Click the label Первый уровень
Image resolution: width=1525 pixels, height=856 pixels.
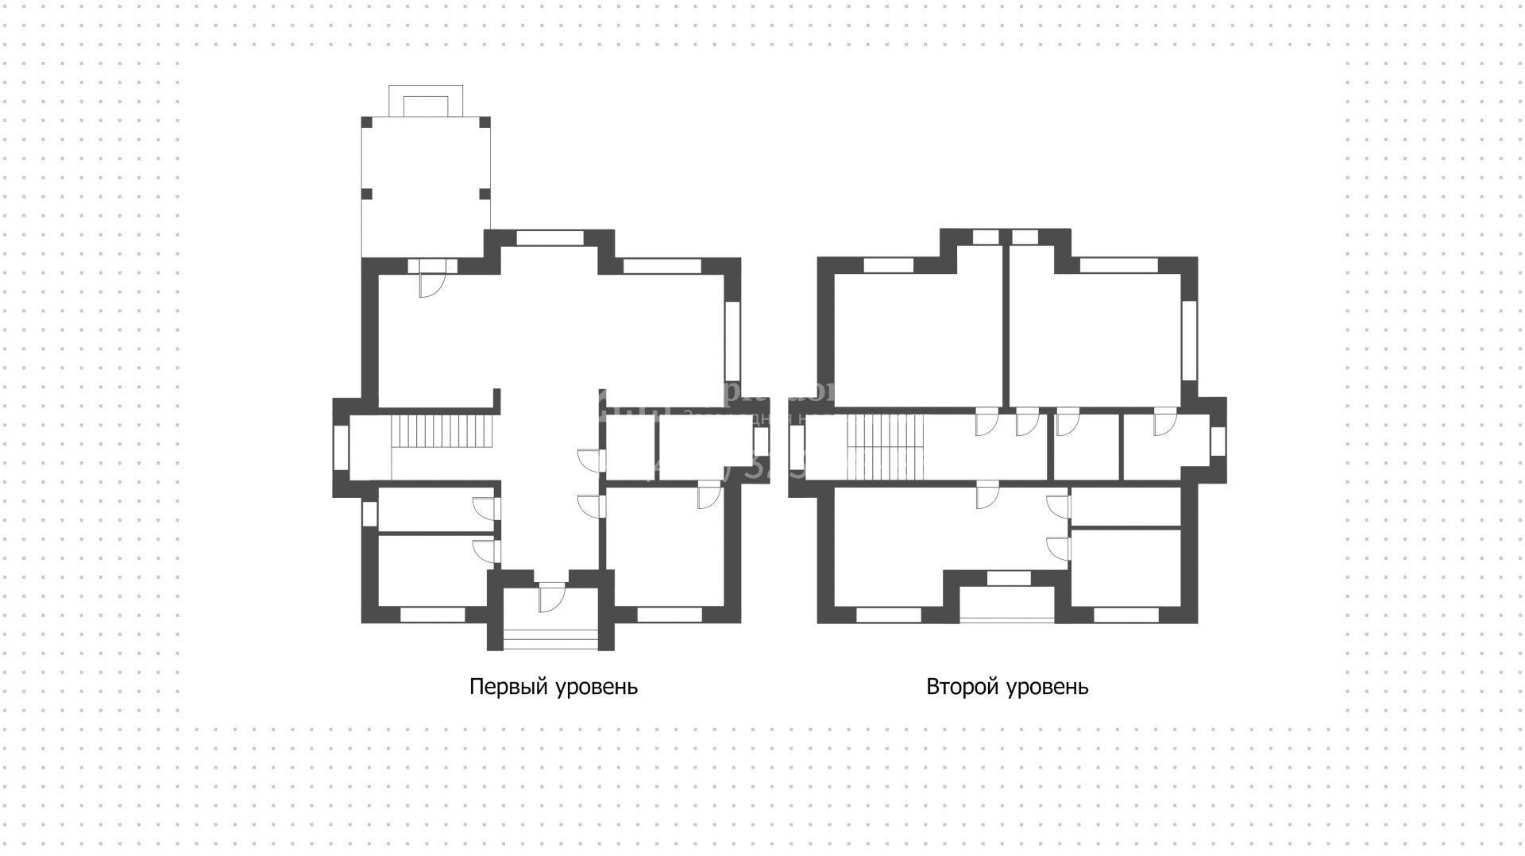pos(554,687)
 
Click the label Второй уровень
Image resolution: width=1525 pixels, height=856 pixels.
pos(1007,687)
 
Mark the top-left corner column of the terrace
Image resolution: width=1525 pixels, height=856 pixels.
pos(367,122)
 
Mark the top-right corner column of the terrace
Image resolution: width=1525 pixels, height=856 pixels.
pos(485,122)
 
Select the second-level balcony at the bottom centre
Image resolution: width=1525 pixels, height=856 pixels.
pos(1007,603)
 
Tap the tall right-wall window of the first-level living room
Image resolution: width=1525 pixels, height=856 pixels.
pos(732,341)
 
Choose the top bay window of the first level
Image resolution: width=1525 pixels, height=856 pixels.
pos(550,237)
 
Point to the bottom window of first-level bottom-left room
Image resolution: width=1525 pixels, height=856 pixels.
pos(432,614)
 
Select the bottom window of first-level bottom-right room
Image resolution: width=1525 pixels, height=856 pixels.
pos(670,614)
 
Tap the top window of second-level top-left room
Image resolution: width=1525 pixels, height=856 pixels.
pos(890,265)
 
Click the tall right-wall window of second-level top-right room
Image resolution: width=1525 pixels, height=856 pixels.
pos(1189,341)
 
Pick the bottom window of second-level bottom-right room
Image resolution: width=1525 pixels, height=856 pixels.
pos(1126,614)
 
